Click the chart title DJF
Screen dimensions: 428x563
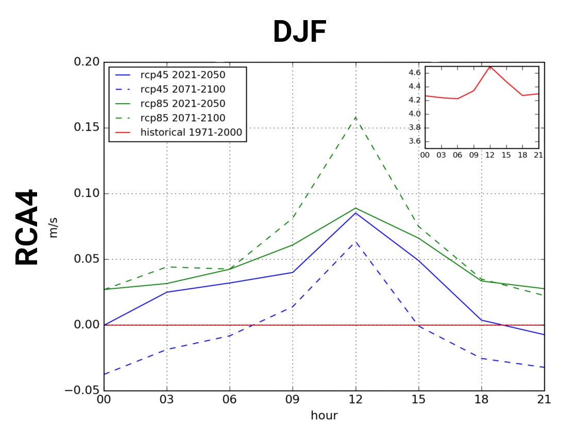(x=299, y=31)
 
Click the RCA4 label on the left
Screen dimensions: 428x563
(x=27, y=227)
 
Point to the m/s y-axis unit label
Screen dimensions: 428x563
(x=54, y=227)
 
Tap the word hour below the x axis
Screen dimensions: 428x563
(x=324, y=415)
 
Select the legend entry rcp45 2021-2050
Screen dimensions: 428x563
(x=182, y=75)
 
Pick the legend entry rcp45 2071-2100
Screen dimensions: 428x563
(x=182, y=89)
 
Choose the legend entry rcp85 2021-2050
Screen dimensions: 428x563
(x=182, y=104)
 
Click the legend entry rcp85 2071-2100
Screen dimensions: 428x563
(x=182, y=118)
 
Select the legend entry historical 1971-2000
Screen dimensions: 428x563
(x=191, y=133)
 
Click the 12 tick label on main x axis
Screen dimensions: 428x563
(x=355, y=400)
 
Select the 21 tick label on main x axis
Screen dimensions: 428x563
(x=544, y=400)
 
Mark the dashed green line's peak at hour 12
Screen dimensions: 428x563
(x=355, y=117)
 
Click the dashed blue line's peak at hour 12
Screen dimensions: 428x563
(x=355, y=241)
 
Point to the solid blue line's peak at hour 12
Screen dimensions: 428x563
(x=355, y=213)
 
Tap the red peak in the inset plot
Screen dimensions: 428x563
(x=490, y=67)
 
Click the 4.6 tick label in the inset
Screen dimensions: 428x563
(x=415, y=73)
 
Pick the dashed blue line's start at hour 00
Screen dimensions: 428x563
(x=105, y=374)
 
